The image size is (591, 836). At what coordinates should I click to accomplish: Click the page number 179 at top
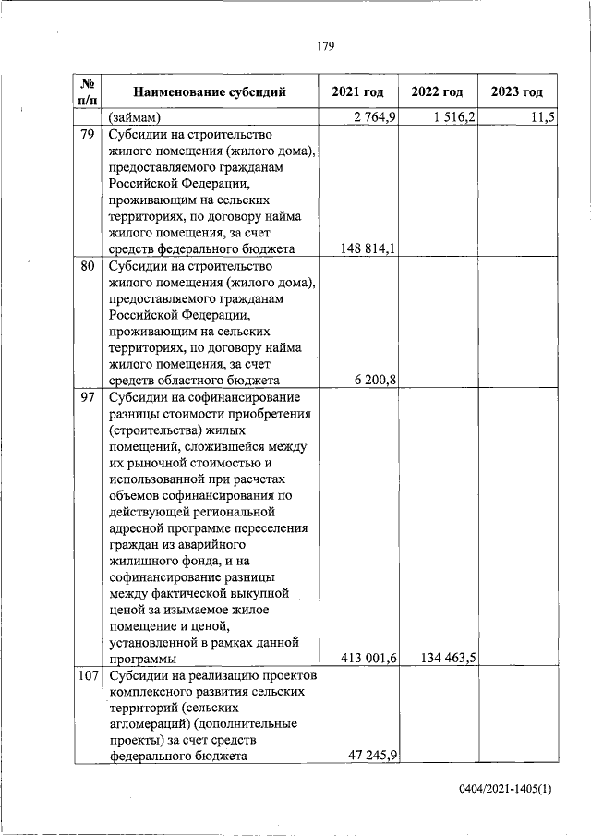click(x=323, y=45)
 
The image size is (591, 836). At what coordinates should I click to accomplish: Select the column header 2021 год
click(x=356, y=91)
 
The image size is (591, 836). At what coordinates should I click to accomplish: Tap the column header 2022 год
click(x=437, y=91)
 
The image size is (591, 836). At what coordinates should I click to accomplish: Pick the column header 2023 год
click(x=516, y=91)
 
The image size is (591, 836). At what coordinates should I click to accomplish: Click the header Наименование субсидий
click(x=210, y=91)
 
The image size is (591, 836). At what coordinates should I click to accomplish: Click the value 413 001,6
click(x=368, y=659)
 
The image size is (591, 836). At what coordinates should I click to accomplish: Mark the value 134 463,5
click(x=448, y=659)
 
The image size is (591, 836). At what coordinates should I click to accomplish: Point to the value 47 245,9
click(x=371, y=755)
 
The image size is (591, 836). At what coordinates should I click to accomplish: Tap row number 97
click(x=88, y=397)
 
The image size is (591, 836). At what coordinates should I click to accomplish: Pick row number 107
click(x=88, y=677)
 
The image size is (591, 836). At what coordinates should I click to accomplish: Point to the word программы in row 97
click(x=143, y=660)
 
